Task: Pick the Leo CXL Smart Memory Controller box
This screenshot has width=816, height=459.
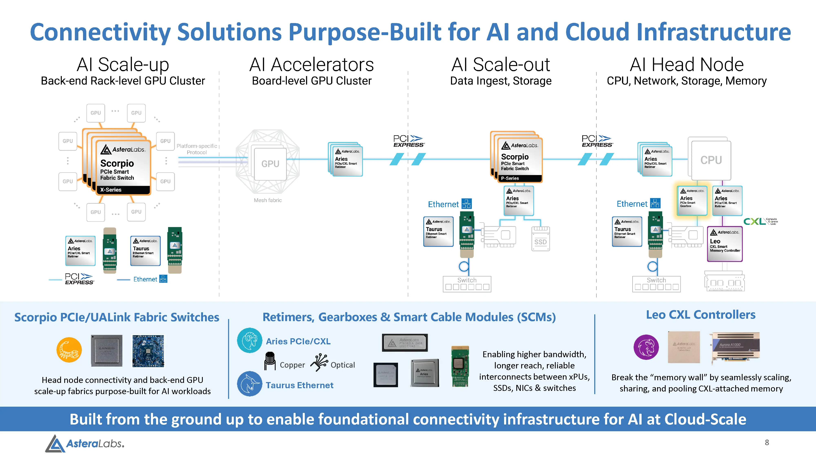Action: (725, 244)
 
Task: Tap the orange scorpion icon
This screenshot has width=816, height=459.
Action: (69, 350)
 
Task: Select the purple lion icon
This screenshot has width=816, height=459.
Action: (646, 347)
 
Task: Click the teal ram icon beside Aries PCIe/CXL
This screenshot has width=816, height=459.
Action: (250, 340)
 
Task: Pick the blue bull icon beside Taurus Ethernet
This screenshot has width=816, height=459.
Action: (250, 384)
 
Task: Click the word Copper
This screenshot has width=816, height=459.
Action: (292, 365)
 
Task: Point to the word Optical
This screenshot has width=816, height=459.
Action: (343, 365)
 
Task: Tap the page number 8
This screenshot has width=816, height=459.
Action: (767, 442)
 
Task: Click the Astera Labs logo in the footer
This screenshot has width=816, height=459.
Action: (85, 443)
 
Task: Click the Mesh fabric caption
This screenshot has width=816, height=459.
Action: (268, 200)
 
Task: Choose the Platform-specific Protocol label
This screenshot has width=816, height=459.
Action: (197, 149)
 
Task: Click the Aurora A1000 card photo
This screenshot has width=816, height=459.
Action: (736, 347)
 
